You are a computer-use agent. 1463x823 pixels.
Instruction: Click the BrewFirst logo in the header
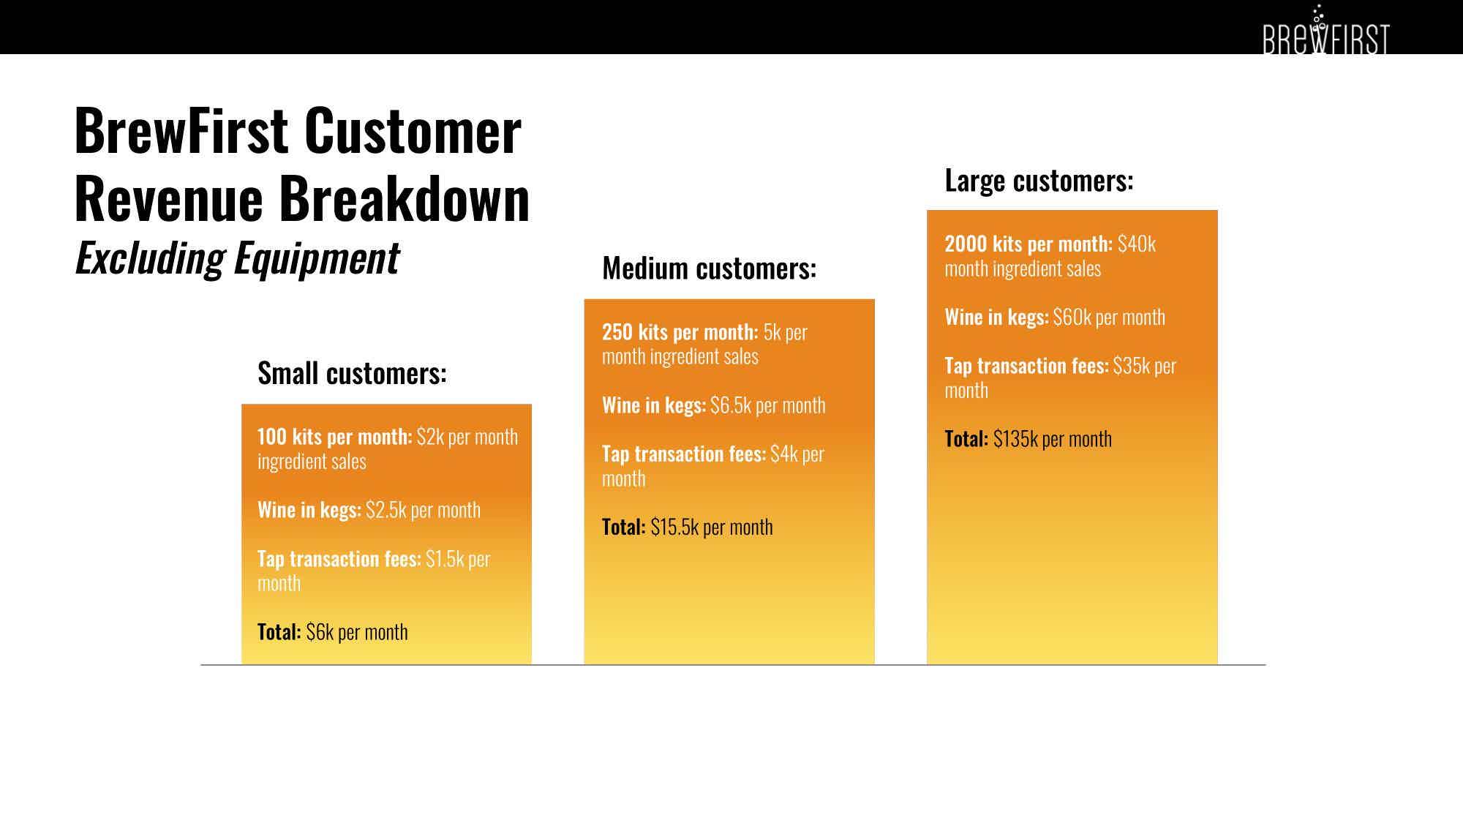(x=1325, y=30)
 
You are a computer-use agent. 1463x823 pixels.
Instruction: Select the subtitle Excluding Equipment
(x=237, y=258)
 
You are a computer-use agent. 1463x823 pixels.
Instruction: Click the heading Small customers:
(x=352, y=373)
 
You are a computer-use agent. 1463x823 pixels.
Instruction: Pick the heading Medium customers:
(x=709, y=268)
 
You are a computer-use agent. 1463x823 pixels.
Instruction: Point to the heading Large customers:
(x=1039, y=180)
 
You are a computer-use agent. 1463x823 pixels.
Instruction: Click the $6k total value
(x=320, y=632)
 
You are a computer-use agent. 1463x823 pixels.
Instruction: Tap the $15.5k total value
(x=674, y=527)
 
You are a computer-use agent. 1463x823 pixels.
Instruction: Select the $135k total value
(x=1015, y=439)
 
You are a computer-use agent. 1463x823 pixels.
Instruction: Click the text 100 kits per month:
(x=335, y=437)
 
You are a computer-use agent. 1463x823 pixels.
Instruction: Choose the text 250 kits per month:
(x=680, y=332)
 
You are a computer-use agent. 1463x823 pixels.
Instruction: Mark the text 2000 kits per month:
(x=1028, y=244)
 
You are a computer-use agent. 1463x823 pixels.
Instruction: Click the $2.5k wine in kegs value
(x=386, y=510)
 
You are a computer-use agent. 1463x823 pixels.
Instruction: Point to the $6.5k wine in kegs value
(x=731, y=405)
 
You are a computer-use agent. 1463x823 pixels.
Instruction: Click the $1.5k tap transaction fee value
(x=445, y=559)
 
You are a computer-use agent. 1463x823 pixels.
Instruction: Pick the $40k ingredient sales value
(x=1137, y=244)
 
